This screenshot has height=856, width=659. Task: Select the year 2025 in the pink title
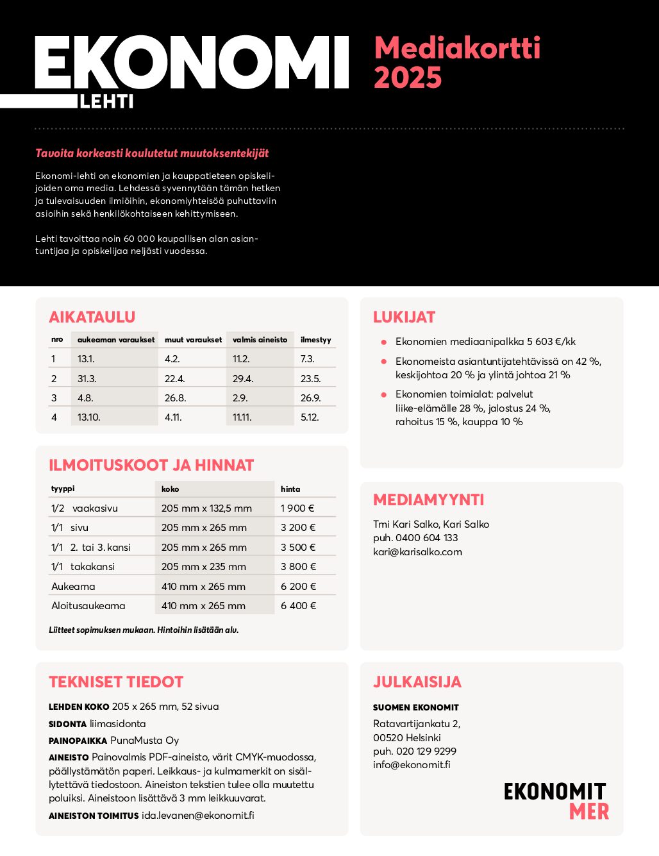point(408,78)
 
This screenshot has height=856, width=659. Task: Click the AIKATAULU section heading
point(92,317)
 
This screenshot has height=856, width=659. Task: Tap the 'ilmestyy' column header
point(316,340)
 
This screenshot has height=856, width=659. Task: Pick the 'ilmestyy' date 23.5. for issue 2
point(310,378)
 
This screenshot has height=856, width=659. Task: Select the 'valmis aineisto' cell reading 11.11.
point(242,417)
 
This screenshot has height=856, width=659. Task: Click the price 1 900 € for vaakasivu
point(297,508)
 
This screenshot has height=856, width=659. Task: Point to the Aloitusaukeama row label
point(88,605)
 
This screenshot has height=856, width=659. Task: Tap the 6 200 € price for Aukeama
point(298,586)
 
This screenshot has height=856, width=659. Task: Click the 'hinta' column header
point(290,489)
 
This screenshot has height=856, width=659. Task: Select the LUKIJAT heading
point(404,317)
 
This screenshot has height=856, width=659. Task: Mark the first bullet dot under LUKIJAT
point(383,342)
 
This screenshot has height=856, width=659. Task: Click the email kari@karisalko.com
point(417,551)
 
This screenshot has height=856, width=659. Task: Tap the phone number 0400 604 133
point(427,537)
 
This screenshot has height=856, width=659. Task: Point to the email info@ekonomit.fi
point(412,764)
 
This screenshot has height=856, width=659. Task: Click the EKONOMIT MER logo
point(555,801)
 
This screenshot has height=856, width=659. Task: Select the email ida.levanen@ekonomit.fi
point(198,815)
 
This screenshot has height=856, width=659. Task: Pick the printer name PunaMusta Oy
point(145,740)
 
